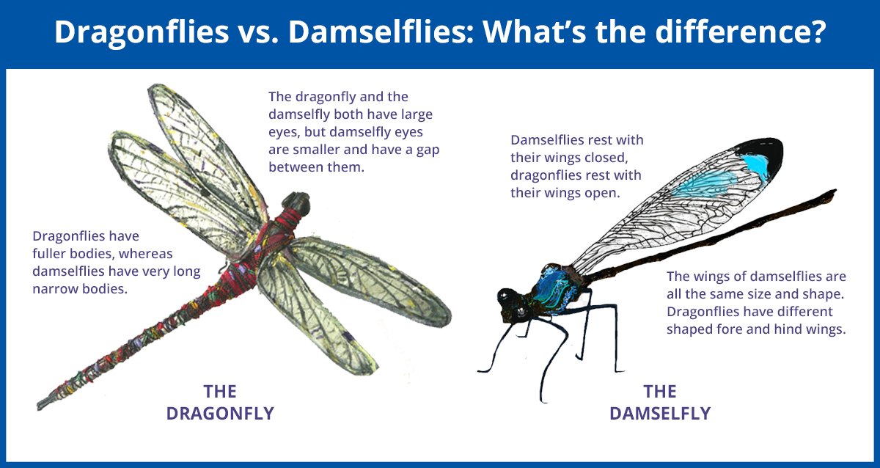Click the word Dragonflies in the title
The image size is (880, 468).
pyautogui.click(x=142, y=32)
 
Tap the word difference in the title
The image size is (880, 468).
pyautogui.click(x=741, y=32)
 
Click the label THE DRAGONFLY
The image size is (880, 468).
pyautogui.click(x=220, y=403)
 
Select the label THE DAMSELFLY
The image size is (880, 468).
pyautogui.click(x=660, y=403)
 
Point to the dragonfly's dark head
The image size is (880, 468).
pyautogui.click(x=296, y=203)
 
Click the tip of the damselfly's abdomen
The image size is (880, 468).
pyautogui.click(x=834, y=192)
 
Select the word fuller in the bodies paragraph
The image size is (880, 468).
pyautogui.click(x=53, y=254)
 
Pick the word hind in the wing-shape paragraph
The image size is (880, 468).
pyautogui.click(x=793, y=329)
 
